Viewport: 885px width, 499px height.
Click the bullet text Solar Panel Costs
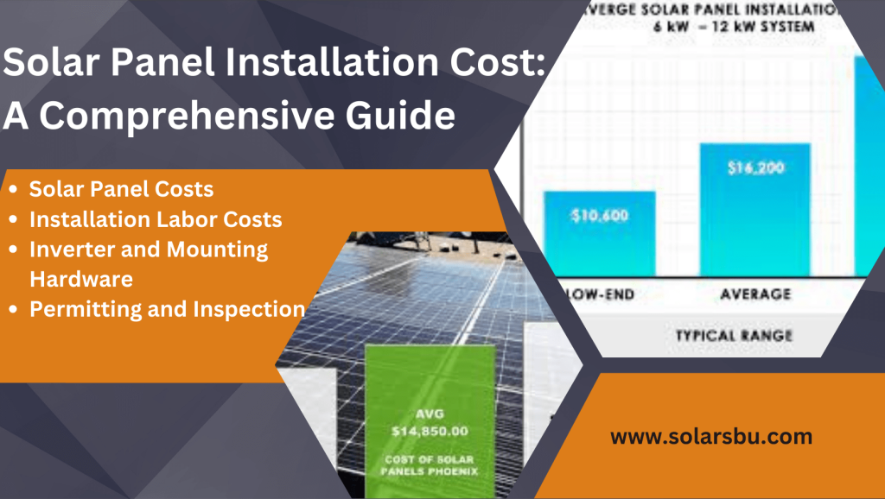121,188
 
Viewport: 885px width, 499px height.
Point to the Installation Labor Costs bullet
156,219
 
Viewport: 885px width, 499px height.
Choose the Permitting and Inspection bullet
167,309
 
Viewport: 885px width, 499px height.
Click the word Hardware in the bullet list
81,279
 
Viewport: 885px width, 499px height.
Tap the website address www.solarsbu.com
711,437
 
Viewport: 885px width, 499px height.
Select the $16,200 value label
754,168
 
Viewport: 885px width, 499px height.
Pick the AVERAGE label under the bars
754,294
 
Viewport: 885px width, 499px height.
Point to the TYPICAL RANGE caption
733,334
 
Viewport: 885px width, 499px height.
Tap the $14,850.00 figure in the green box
430,429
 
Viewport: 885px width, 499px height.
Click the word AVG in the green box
430,412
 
